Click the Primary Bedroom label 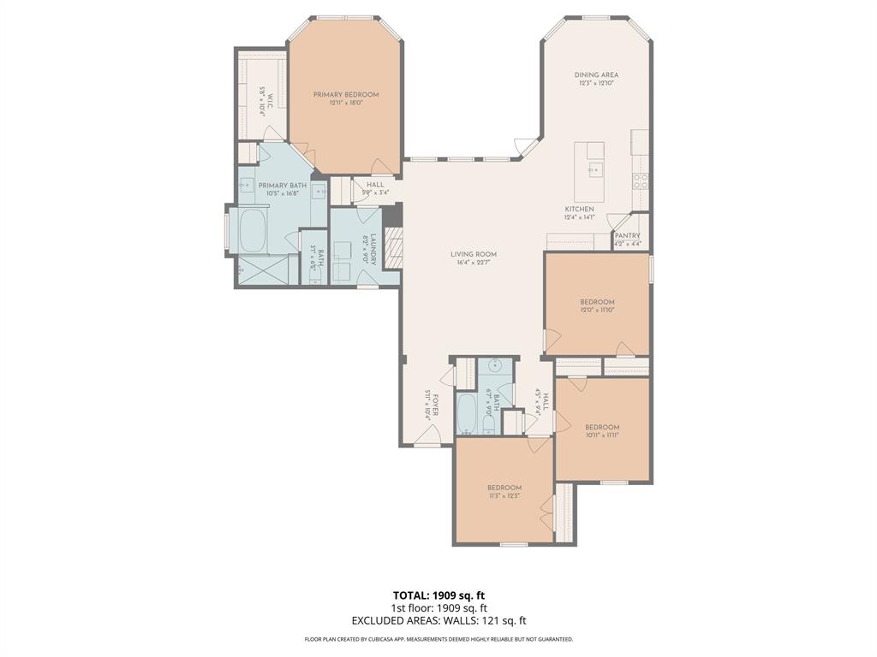click(345, 95)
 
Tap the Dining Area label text click(596, 75)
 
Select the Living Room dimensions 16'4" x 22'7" click(474, 263)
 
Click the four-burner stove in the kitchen click(640, 180)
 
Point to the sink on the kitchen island click(595, 169)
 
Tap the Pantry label click(628, 236)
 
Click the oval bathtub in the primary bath click(252, 231)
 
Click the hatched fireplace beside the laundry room click(392, 249)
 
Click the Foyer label click(435, 403)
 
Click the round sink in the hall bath click(495, 366)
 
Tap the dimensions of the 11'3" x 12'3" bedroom click(504, 495)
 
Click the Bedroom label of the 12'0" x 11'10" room click(597, 302)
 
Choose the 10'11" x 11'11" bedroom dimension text click(602, 435)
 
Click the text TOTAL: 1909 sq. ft click(438, 595)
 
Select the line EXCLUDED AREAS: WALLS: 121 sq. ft click(438, 620)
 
